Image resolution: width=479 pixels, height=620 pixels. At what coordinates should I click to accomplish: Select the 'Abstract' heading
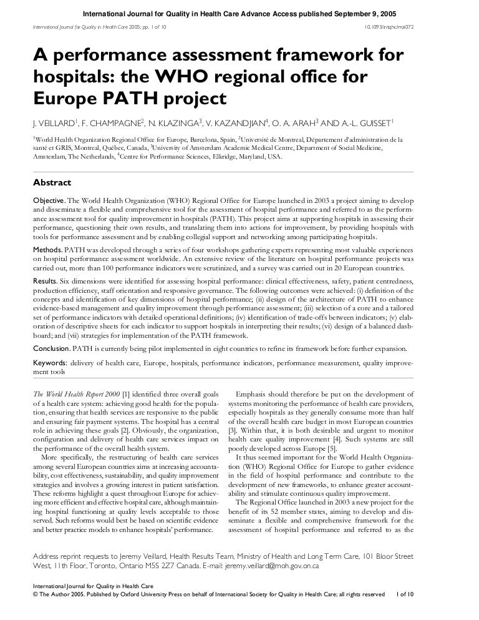pyautogui.click(x=52, y=183)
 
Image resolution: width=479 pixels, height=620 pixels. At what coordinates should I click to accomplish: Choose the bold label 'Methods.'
pyautogui.click(x=47, y=248)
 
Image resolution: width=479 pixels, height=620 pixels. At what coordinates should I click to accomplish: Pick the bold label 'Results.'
pyautogui.click(x=46, y=282)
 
